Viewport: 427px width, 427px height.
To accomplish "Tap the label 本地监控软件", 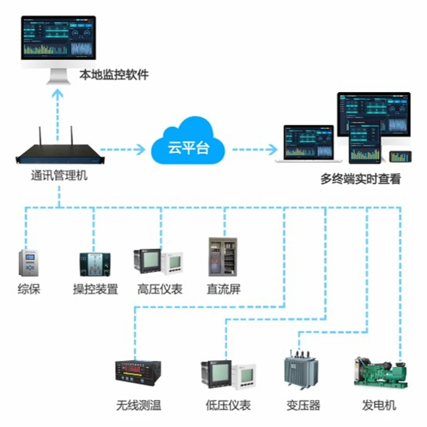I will pyautogui.click(x=114, y=75).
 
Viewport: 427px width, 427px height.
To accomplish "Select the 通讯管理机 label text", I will pyautogui.click(x=59, y=175).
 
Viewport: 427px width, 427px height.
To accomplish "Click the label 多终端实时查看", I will pyautogui.click(x=360, y=179).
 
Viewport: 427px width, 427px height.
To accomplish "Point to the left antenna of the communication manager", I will pyautogui.click(x=39, y=140).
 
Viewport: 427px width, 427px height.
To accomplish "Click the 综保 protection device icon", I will pyautogui.click(x=29, y=264).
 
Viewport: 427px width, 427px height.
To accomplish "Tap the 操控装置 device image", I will pyautogui.click(x=94, y=265).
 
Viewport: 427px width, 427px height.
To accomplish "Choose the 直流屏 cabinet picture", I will pyautogui.click(x=224, y=257).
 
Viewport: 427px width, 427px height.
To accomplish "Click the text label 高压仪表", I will pyautogui.click(x=160, y=290).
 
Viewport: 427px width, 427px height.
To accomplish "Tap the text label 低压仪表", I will pyautogui.click(x=228, y=405).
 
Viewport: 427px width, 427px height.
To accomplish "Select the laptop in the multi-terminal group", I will pyautogui.click(x=309, y=144).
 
